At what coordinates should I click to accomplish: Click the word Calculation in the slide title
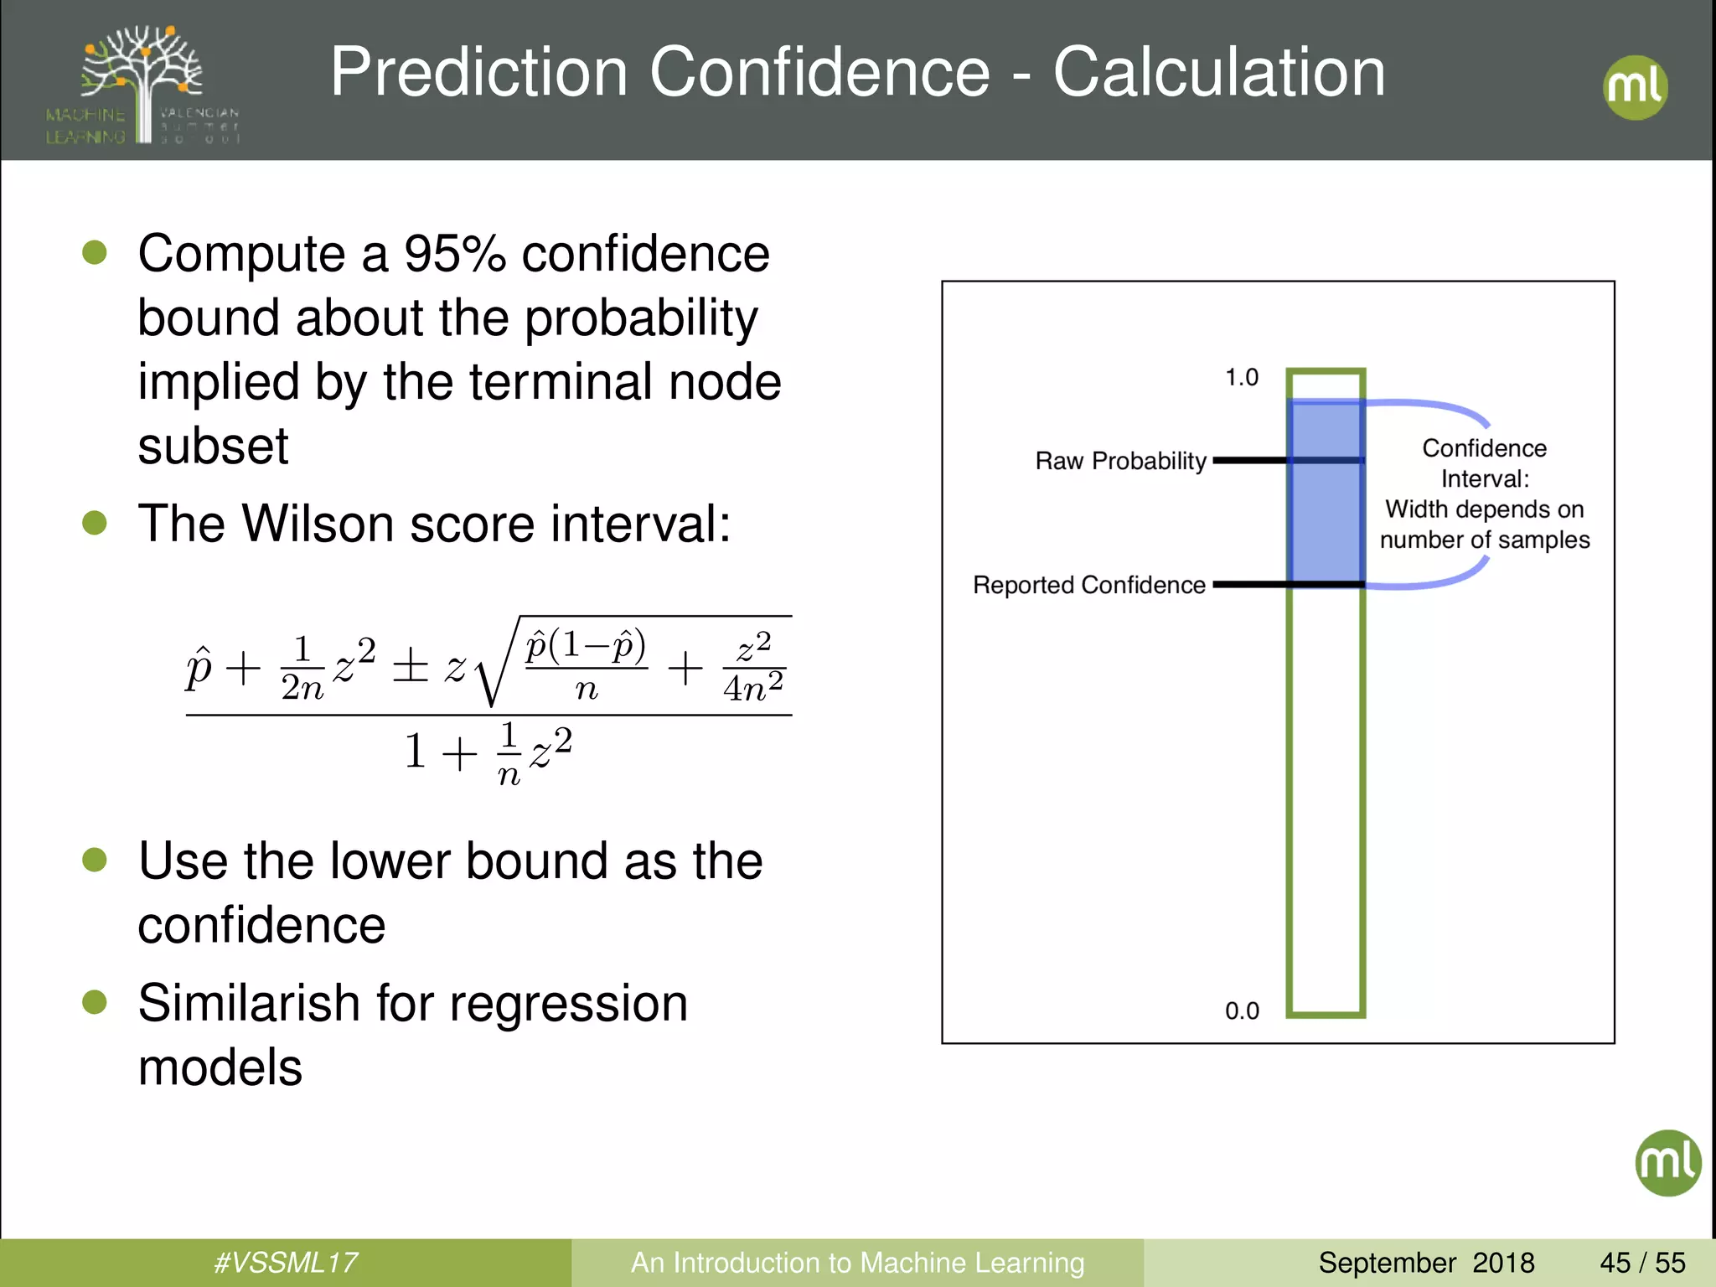coord(1218,72)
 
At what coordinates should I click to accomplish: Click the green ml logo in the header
coord(1635,87)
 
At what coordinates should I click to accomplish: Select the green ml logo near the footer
coord(1667,1162)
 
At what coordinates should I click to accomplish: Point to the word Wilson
coord(318,524)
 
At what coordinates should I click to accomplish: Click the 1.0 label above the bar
coord(1241,377)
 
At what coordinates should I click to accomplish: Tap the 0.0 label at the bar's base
coord(1241,1010)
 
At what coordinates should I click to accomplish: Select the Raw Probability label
coord(1120,461)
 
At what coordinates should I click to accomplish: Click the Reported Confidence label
coord(1088,585)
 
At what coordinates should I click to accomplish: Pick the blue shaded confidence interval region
coord(1326,519)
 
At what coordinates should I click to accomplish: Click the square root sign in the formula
coord(493,670)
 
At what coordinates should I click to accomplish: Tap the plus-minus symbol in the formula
coord(411,668)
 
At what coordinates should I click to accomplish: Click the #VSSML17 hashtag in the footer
coord(286,1262)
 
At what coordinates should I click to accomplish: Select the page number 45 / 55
coord(1642,1262)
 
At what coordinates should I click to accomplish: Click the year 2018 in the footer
coord(1503,1262)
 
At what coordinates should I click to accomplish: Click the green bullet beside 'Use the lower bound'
coord(95,860)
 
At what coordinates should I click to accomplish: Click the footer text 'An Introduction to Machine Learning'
coord(857,1262)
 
